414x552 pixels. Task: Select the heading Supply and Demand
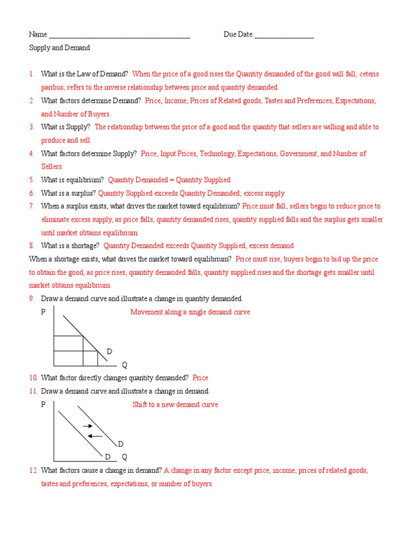coord(59,48)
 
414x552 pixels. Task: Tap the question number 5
coord(32,180)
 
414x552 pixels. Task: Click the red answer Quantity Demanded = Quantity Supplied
coord(169,180)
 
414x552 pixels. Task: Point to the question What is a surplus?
coord(68,193)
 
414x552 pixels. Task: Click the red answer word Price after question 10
coord(200,378)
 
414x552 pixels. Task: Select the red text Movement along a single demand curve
coord(190,312)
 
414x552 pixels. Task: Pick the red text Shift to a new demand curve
coord(175,405)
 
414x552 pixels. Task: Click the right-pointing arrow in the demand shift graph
coord(87,426)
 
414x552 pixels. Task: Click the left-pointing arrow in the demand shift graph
coord(95,436)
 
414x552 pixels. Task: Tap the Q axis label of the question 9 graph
coord(125,365)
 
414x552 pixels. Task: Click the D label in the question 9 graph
coord(109,351)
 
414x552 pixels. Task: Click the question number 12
coord(33,471)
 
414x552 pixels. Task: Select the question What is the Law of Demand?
coord(85,74)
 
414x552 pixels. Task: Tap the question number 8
coord(32,246)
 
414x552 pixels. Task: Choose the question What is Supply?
coord(66,127)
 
